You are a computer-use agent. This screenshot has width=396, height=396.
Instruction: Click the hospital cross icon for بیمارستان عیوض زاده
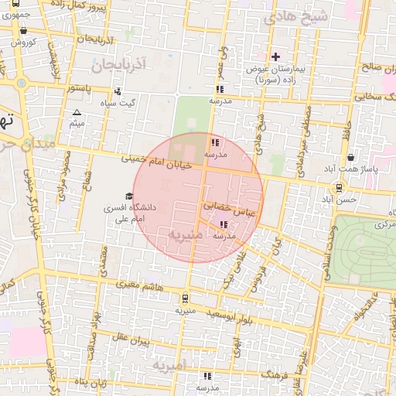275,56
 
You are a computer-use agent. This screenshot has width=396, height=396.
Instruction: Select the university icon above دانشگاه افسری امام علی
128,196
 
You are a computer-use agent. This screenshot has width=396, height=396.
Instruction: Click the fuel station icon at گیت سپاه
117,90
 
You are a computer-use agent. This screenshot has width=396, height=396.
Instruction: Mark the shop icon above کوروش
23,31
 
